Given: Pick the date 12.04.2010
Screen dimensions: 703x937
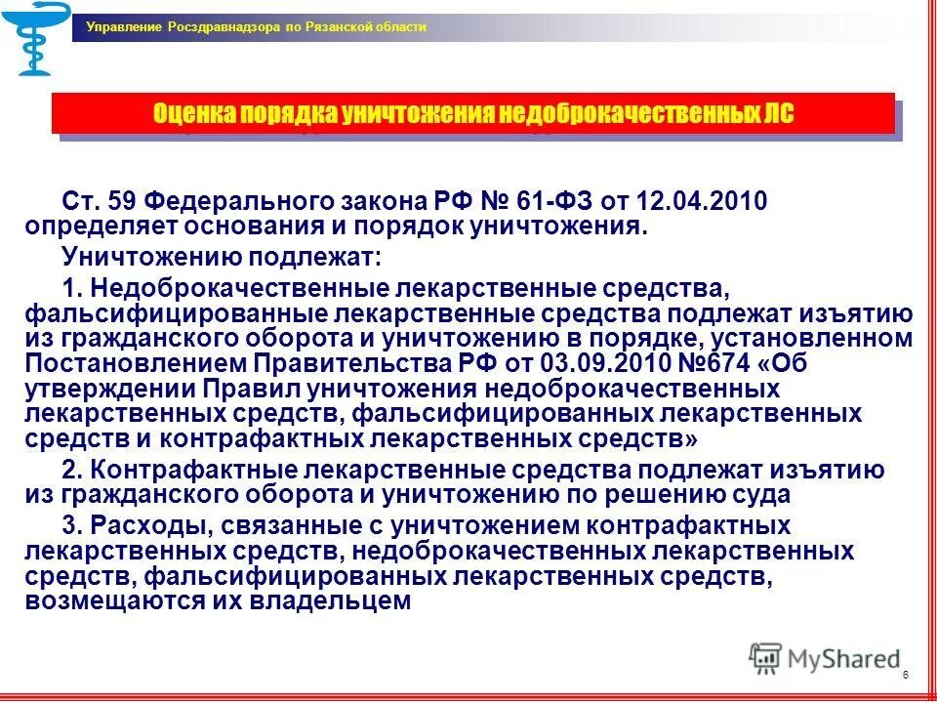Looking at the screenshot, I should pos(701,202).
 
